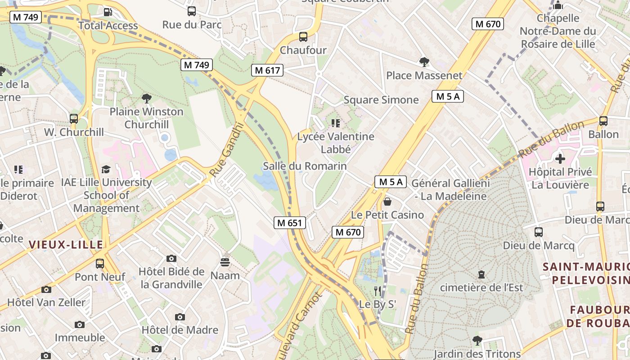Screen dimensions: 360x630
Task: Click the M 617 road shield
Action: [x=267, y=70]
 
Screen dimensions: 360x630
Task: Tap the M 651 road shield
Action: [x=290, y=222]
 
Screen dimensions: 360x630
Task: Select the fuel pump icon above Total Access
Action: [x=108, y=12]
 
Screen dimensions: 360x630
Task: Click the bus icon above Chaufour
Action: [x=303, y=37]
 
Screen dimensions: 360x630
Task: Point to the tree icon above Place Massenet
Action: [x=424, y=62]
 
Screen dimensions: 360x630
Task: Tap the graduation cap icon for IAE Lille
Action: [x=106, y=169]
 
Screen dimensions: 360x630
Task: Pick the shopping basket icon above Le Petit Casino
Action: [x=387, y=202]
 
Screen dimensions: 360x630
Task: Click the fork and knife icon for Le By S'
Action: [x=378, y=291]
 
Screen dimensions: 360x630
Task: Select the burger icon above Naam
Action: [x=225, y=262]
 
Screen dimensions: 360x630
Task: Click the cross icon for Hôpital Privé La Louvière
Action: [x=560, y=158]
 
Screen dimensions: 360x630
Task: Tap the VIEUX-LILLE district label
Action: [x=66, y=244]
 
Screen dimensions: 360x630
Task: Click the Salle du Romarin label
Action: [x=305, y=166]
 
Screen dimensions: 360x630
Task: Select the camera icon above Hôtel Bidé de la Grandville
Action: [x=171, y=258]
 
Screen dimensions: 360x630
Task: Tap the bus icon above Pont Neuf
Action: [x=100, y=263]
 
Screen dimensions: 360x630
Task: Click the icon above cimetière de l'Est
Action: [x=481, y=274]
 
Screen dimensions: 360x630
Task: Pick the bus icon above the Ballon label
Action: [x=603, y=121]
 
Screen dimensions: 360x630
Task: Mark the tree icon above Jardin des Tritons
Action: [x=477, y=341]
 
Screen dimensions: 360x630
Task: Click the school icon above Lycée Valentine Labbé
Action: [x=335, y=123]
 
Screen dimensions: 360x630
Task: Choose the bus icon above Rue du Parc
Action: [x=192, y=11]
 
